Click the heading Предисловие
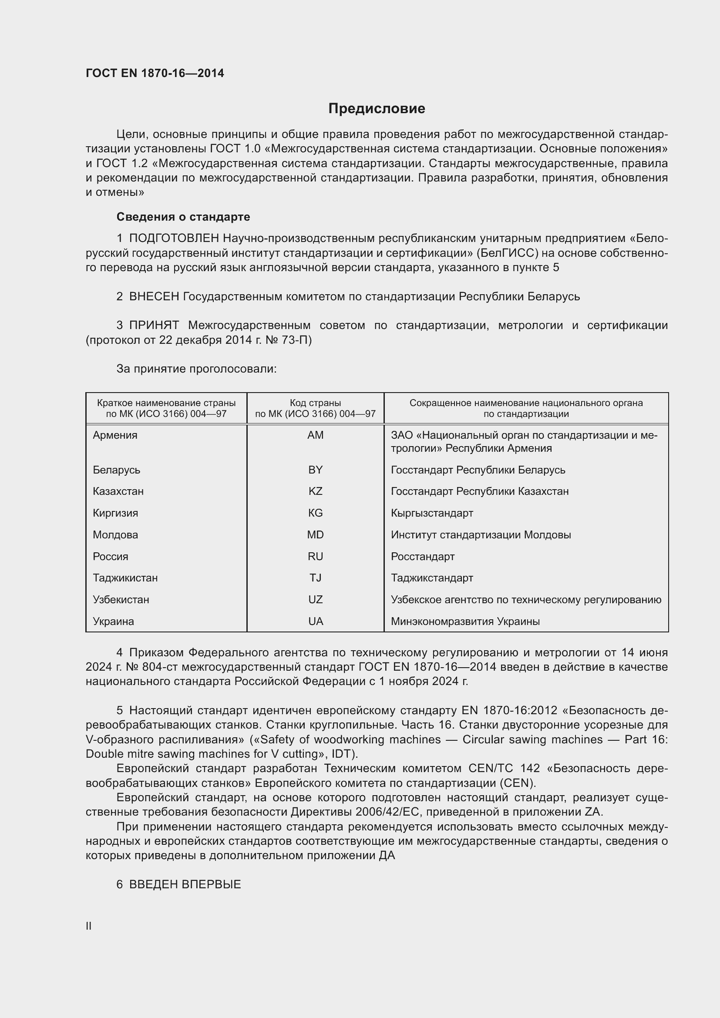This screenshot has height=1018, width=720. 377,109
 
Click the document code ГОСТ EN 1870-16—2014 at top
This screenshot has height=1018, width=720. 155,73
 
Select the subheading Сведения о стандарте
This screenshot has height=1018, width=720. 183,217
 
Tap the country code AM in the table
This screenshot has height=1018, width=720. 315,435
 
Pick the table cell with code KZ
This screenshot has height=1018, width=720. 315,491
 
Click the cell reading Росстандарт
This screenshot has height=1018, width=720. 423,557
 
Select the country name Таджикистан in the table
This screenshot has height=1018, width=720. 125,578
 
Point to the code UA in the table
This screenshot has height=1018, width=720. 315,621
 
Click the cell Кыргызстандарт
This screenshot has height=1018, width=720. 432,513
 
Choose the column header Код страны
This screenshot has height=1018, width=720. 315,403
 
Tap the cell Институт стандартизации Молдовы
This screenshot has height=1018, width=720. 481,535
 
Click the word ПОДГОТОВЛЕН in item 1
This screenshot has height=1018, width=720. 174,239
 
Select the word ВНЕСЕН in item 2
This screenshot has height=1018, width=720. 154,297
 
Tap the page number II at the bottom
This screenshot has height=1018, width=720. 89,926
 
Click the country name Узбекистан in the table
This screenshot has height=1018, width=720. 121,599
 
